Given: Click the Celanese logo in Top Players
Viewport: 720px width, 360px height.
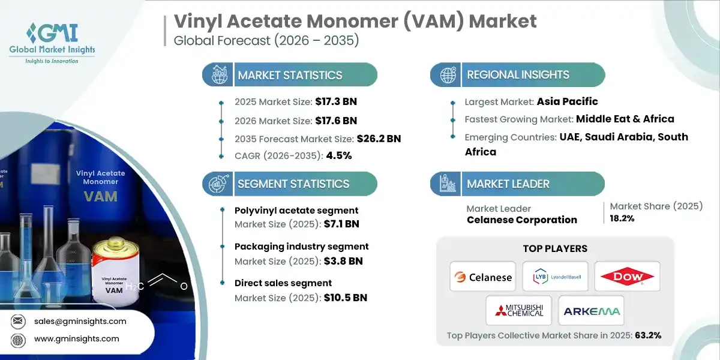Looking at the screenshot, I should pyautogui.click(x=483, y=277).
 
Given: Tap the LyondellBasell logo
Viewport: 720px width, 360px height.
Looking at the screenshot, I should pyautogui.click(x=555, y=277).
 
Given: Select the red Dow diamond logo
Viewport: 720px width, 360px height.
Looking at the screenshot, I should pyautogui.click(x=627, y=277).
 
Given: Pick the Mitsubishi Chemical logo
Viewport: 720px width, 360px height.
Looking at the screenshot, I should pyautogui.click(x=519, y=310).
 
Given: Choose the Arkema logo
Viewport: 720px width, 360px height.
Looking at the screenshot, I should pyautogui.click(x=591, y=310).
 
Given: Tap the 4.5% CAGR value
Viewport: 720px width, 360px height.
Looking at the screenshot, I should pyautogui.click(x=338, y=156).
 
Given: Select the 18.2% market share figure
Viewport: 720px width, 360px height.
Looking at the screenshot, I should pyautogui.click(x=622, y=219).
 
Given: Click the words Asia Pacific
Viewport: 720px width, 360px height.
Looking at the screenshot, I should pyautogui.click(x=567, y=101).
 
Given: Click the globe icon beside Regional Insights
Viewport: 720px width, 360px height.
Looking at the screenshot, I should pyautogui.click(x=447, y=75).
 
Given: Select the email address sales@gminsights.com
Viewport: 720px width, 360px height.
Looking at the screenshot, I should pyautogui.click(x=80, y=321).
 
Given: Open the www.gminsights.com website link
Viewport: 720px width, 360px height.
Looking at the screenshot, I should pyautogui.click(x=76, y=339).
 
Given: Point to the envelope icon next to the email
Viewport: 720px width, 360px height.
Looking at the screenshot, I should pyautogui.click(x=18, y=321).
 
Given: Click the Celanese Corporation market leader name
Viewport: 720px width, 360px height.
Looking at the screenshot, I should pyautogui.click(x=521, y=220).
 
